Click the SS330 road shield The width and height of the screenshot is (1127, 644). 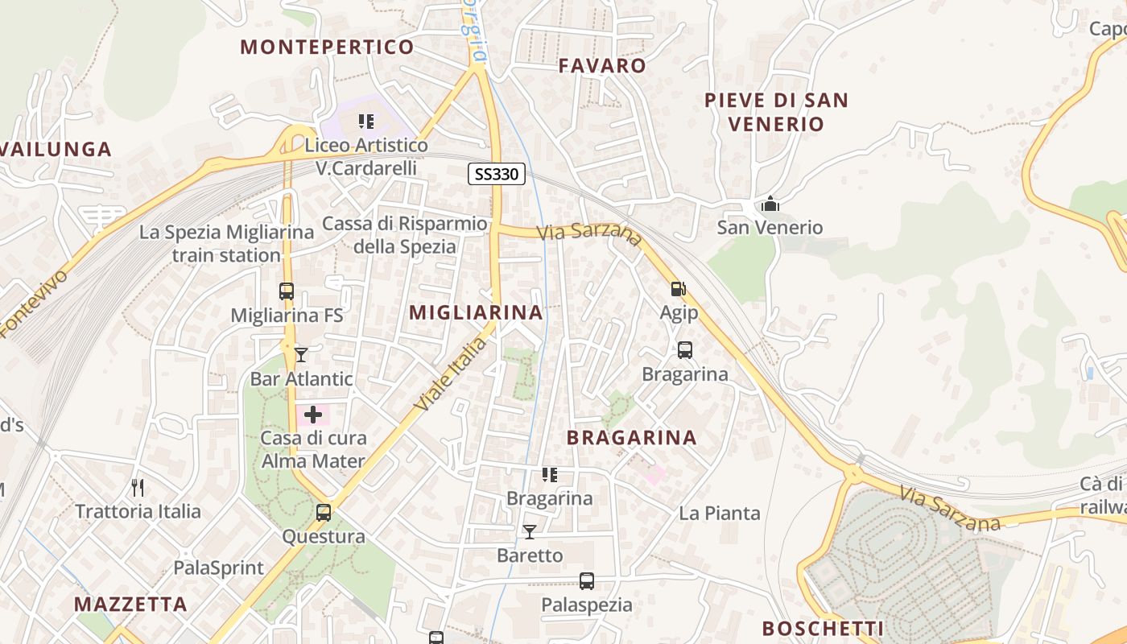(x=497, y=173)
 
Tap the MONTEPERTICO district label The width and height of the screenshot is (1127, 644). (x=327, y=47)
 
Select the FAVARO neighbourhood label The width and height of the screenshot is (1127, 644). (x=602, y=66)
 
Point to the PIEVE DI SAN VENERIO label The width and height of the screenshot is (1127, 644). (x=776, y=112)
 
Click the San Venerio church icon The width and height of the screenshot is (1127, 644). (x=770, y=204)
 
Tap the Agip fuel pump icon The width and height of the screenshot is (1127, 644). (x=679, y=289)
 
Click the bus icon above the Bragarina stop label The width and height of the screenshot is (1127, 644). (x=685, y=350)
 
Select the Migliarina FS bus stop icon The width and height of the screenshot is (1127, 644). (x=287, y=291)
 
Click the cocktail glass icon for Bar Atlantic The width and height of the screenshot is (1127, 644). (x=301, y=354)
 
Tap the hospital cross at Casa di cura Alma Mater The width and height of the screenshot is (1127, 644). (x=312, y=415)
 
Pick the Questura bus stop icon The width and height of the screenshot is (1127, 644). (x=324, y=512)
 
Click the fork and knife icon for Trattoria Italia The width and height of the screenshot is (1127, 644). (x=138, y=487)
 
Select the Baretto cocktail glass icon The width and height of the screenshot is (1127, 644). (x=530, y=531)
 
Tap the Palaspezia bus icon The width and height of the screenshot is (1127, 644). (x=587, y=581)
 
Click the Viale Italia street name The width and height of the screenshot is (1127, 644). (x=451, y=375)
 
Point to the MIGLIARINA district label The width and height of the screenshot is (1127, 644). (x=476, y=313)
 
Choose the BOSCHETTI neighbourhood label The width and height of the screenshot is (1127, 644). (x=823, y=629)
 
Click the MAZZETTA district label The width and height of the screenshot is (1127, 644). (x=130, y=604)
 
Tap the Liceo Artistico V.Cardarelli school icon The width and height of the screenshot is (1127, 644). (x=366, y=122)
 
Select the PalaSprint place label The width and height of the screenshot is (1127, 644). (x=219, y=568)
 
